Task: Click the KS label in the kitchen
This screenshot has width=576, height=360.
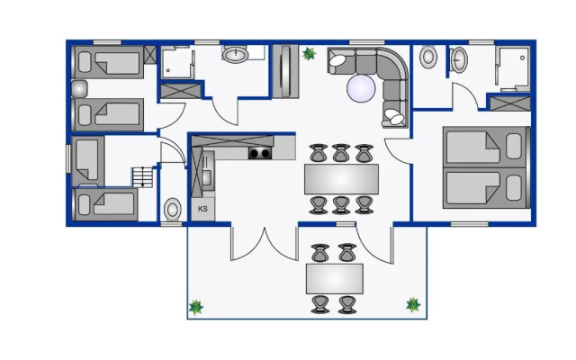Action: (202, 209)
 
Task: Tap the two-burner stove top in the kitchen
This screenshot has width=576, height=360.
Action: (260, 153)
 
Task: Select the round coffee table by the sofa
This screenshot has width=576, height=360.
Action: (361, 88)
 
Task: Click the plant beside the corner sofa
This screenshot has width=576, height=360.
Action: (309, 54)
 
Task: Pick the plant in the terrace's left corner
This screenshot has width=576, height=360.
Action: (196, 307)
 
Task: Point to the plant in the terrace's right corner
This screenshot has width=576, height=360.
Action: (413, 305)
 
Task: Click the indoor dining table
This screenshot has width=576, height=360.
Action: (341, 179)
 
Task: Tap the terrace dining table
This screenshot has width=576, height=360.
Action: (335, 278)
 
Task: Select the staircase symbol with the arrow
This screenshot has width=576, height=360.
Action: (142, 177)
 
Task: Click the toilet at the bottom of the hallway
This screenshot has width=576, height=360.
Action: (172, 210)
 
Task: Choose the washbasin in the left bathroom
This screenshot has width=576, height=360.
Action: (235, 55)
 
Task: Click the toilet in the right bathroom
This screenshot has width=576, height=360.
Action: (428, 57)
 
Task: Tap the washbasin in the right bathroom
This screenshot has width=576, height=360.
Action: (459, 59)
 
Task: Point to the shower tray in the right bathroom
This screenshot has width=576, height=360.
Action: (512, 68)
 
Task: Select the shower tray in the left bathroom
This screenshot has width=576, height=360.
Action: (178, 62)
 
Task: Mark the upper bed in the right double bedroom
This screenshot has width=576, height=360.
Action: (485, 147)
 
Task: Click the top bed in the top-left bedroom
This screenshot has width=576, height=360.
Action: (108, 62)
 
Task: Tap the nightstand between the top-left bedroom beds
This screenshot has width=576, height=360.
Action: (79, 89)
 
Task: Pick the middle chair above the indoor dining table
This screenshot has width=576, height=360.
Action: (341, 153)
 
